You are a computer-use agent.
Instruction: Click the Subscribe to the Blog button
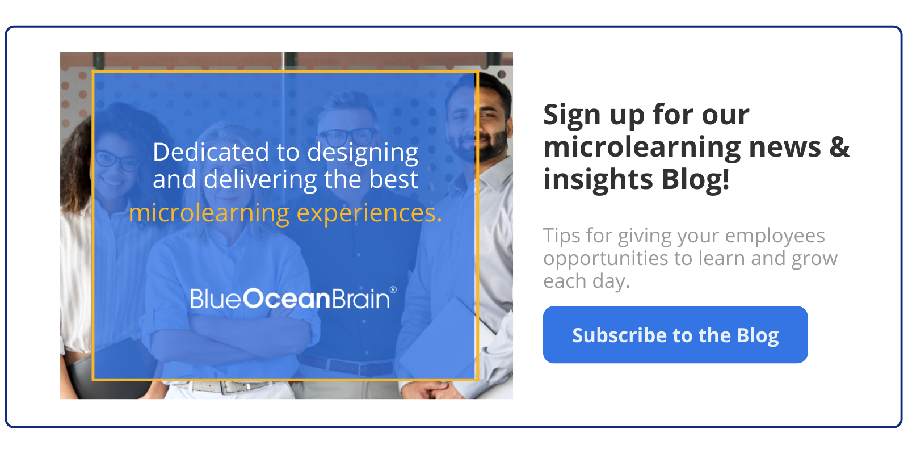(675, 334)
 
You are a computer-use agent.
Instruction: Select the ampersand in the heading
(839, 147)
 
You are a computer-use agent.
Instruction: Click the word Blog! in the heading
(695, 179)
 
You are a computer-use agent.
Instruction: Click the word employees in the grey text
(775, 236)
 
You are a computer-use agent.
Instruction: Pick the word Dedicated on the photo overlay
(211, 152)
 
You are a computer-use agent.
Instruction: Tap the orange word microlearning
(209, 213)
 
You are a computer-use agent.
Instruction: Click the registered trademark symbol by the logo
(393, 290)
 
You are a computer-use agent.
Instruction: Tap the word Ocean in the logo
(287, 299)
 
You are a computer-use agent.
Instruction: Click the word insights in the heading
(598, 180)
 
